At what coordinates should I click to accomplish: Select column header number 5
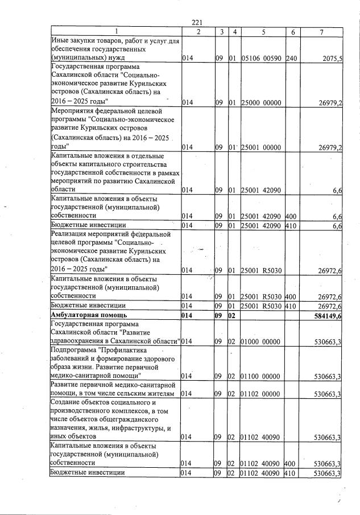click(263, 32)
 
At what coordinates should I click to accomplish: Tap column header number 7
click(322, 32)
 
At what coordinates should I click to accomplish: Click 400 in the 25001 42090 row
click(291, 216)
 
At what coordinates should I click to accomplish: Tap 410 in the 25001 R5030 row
click(291, 306)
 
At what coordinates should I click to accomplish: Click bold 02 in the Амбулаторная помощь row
click(232, 315)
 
